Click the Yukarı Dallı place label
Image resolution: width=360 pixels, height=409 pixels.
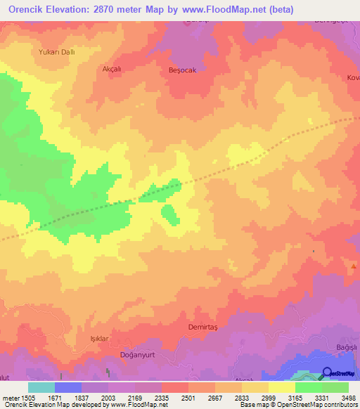(56, 52)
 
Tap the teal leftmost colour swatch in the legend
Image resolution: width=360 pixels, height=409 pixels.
(41, 387)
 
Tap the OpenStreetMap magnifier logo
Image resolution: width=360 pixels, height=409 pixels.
(327, 374)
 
